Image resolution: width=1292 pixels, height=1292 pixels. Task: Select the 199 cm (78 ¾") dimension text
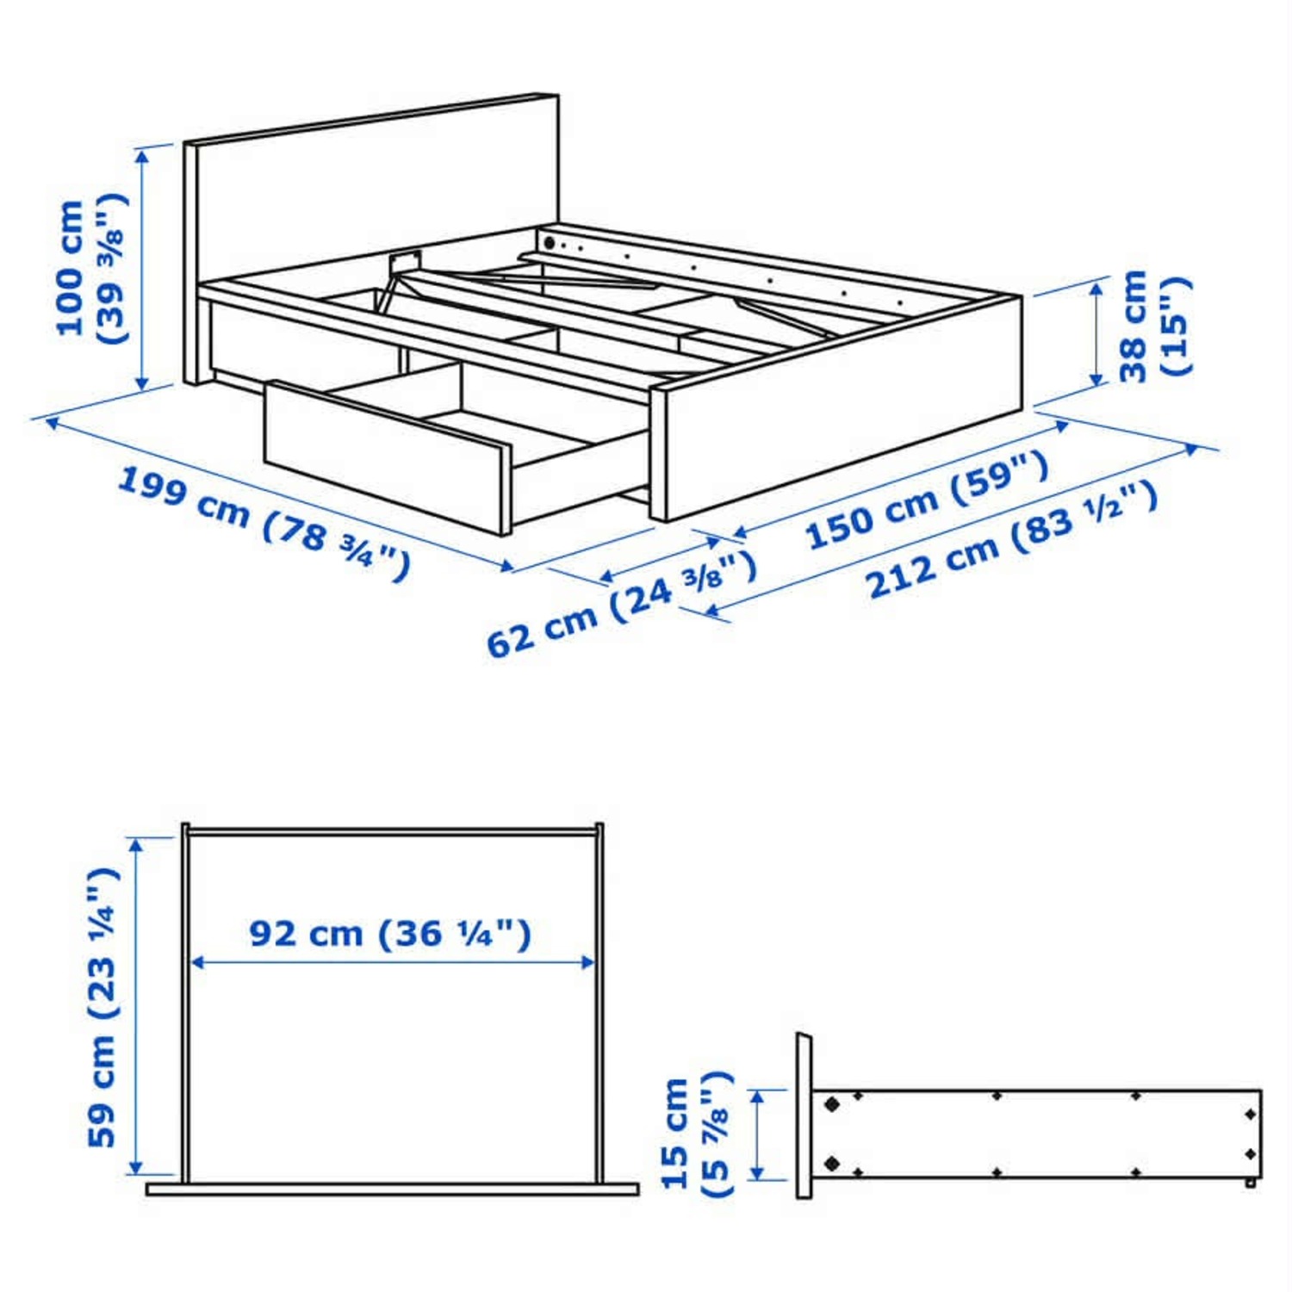click(x=264, y=522)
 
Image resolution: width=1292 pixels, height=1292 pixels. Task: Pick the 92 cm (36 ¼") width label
click(x=389, y=933)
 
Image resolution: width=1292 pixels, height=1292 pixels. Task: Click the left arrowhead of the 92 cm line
click(x=196, y=962)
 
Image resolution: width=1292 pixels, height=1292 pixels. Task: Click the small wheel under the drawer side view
click(x=1250, y=1183)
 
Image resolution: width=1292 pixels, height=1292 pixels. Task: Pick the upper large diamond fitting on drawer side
click(x=832, y=1103)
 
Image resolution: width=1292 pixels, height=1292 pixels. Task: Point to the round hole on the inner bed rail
click(x=549, y=244)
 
